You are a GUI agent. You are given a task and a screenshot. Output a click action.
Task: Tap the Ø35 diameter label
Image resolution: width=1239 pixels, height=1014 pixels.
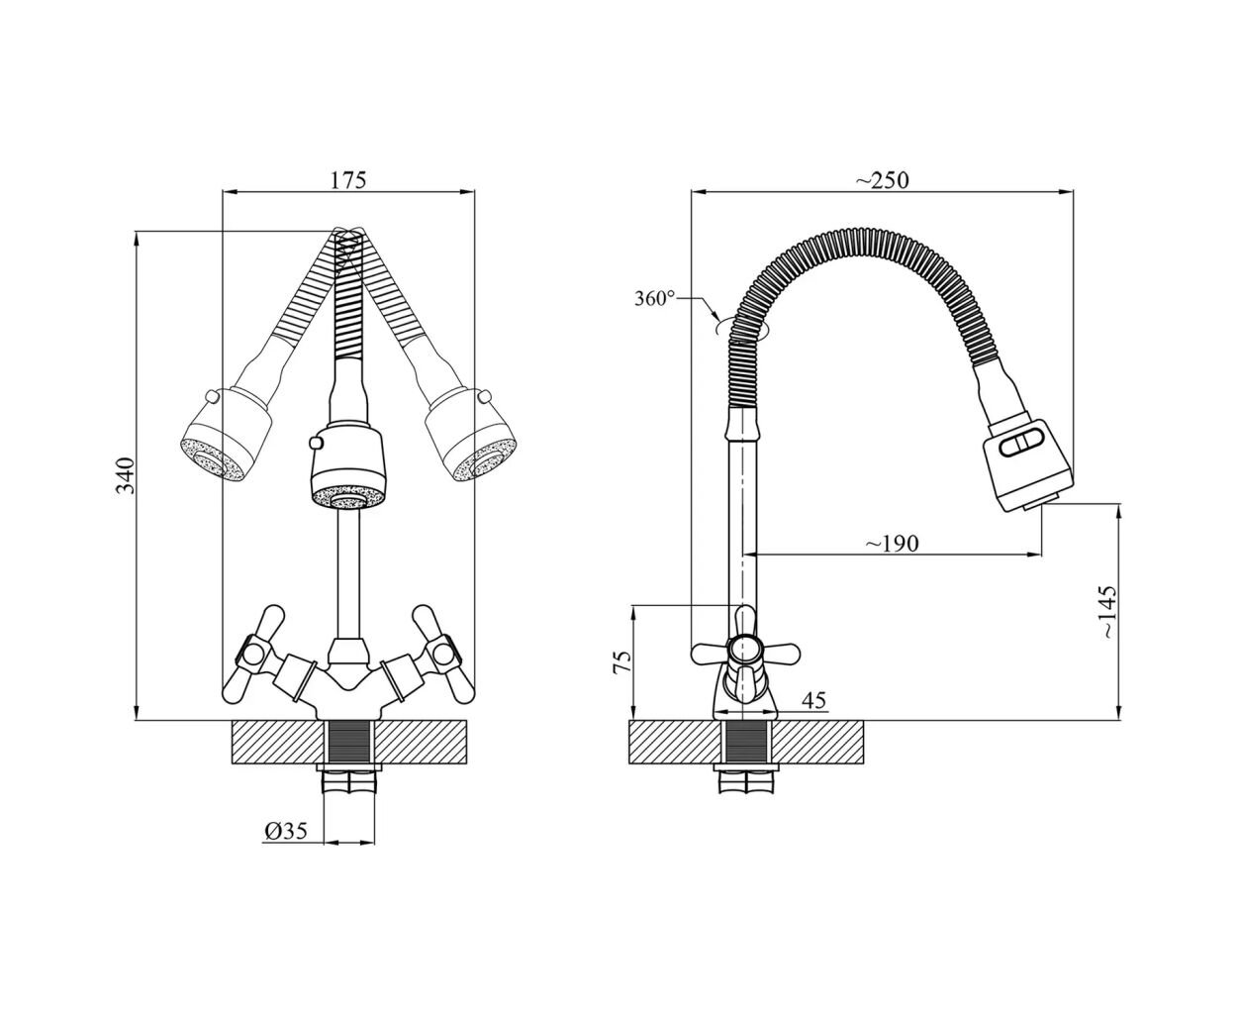[x=286, y=830]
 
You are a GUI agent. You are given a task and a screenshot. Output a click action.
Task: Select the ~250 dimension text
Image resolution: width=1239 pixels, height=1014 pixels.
[x=881, y=180]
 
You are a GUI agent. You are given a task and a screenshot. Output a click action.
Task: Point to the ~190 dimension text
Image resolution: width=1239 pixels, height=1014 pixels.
[x=893, y=544]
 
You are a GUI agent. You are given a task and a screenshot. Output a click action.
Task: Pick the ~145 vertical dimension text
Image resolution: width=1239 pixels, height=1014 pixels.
[x=1106, y=612]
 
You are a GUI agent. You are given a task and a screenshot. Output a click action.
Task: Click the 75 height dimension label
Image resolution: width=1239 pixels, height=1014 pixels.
[x=621, y=661]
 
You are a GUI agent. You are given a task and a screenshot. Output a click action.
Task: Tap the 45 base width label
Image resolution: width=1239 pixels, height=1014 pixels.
[x=813, y=699]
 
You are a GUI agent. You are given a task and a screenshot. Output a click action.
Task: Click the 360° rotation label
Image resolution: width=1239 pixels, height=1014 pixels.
[x=654, y=298]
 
